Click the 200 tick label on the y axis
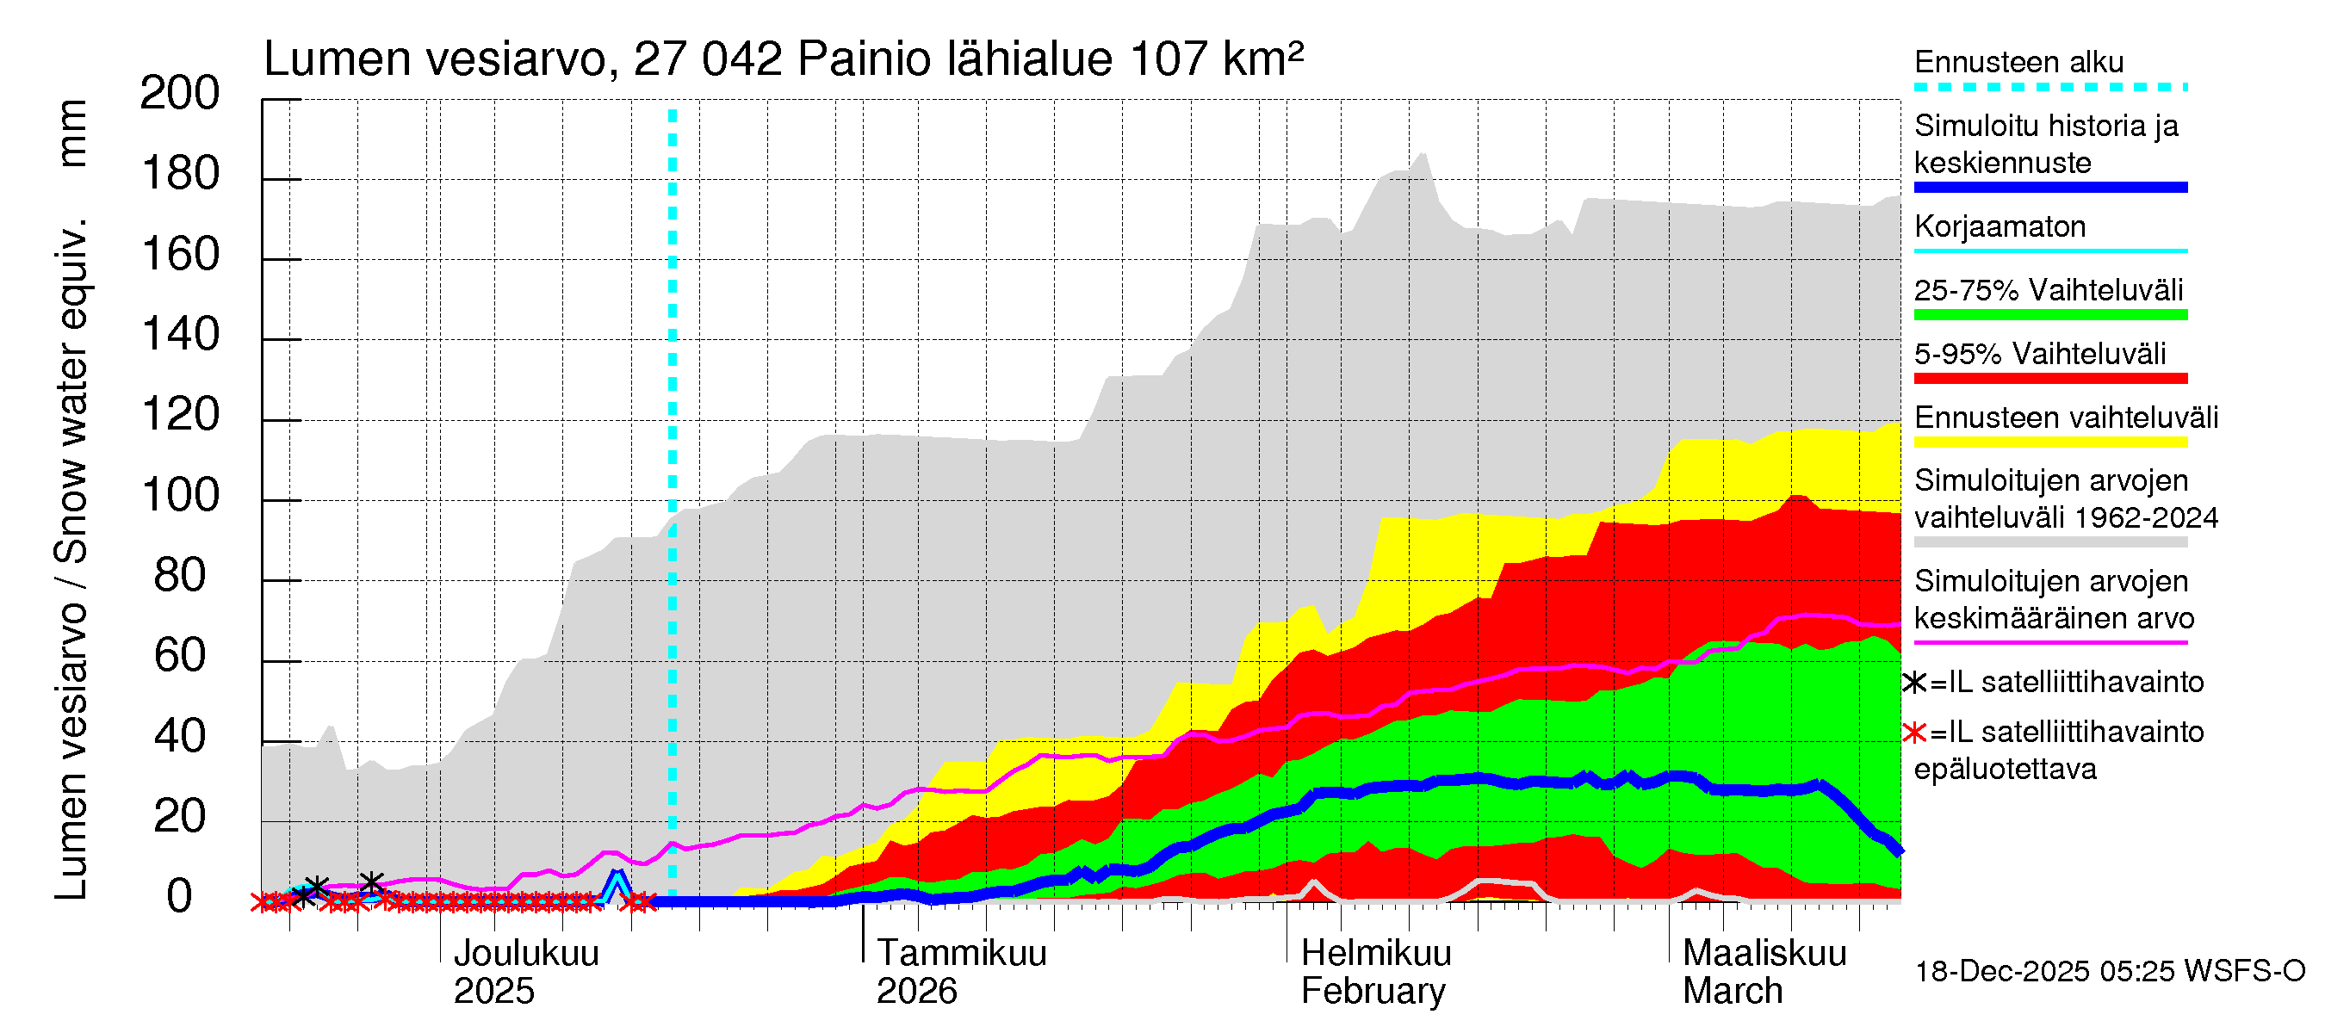pyautogui.click(x=180, y=94)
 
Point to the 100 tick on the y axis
pyautogui.click(x=180, y=496)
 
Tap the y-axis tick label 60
pyautogui.click(x=180, y=656)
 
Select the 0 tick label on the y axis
pyautogui.click(x=180, y=897)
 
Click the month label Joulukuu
pyautogui.click(x=525, y=954)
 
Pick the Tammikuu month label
pyautogui.click(x=961, y=954)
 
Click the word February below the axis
pyautogui.click(x=1372, y=992)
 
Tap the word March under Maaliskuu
pyautogui.click(x=1732, y=992)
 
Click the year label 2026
pyautogui.click(x=916, y=992)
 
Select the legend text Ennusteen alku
pyautogui.click(x=2018, y=62)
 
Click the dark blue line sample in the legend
pyautogui.click(x=2049, y=188)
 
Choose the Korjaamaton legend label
pyautogui.click(x=2000, y=226)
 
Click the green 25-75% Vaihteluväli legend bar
pyautogui.click(x=2049, y=315)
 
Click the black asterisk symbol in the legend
pyautogui.click(x=1913, y=683)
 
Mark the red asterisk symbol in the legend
pyautogui.click(x=1913, y=733)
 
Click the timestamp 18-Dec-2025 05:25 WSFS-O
pyautogui.click(x=2109, y=972)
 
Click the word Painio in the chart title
pyautogui.click(x=865, y=59)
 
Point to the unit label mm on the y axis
pyautogui.click(x=72, y=133)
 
